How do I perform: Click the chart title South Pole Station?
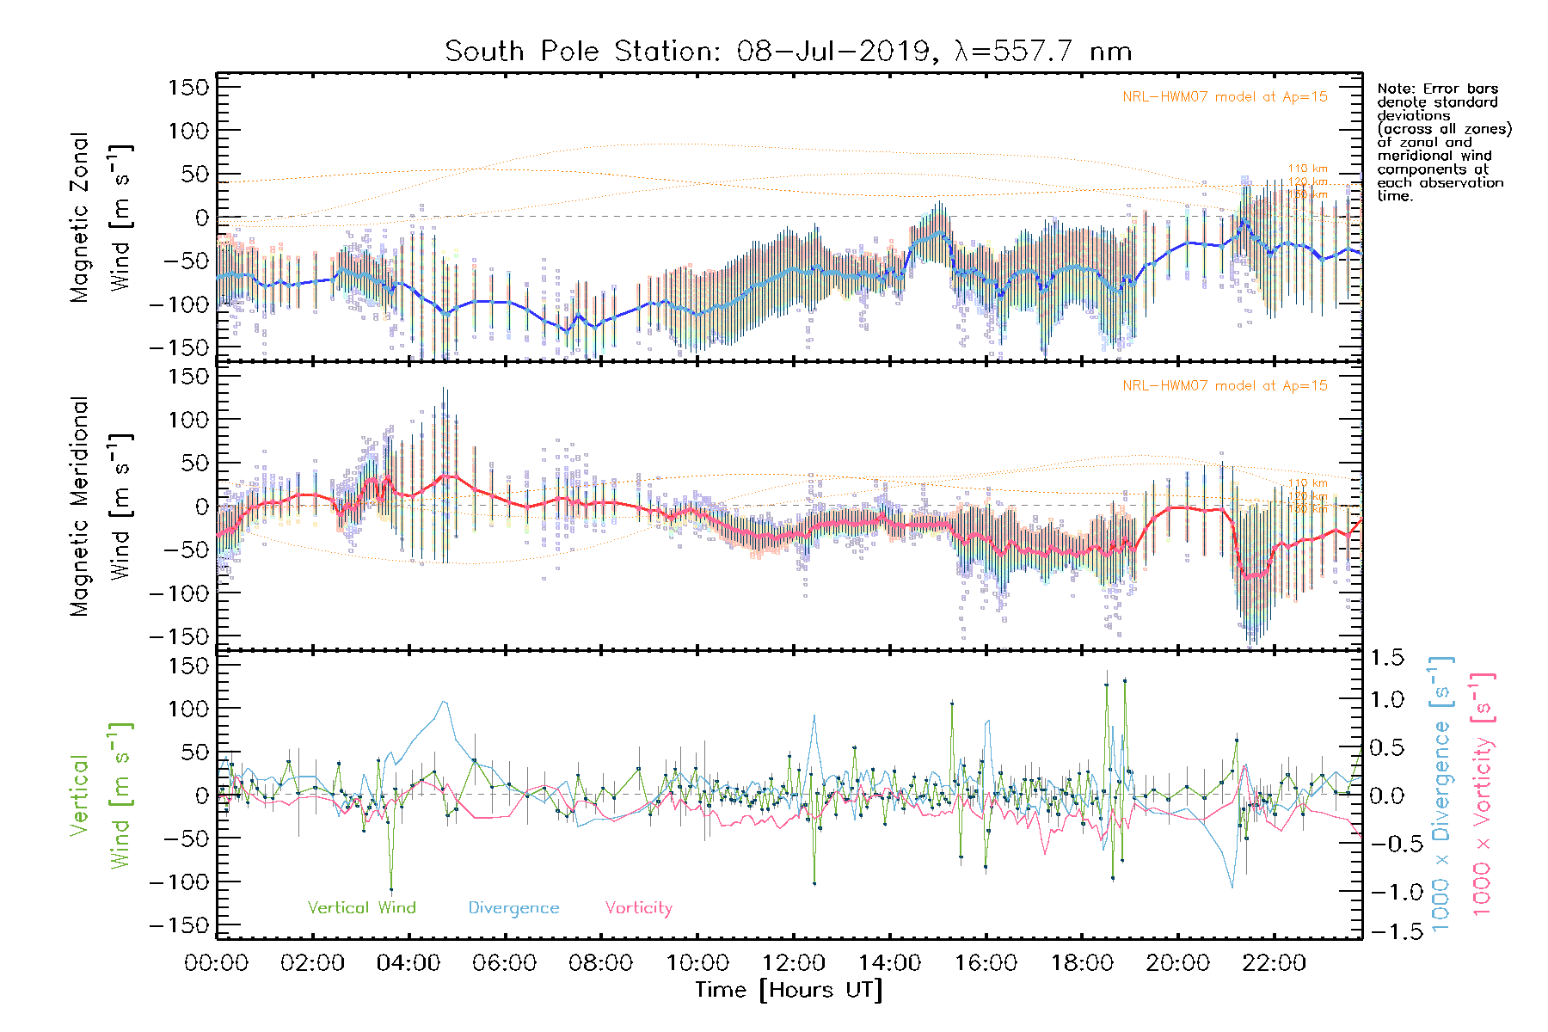787,52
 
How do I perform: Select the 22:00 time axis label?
1274,963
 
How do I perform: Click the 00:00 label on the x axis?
217,963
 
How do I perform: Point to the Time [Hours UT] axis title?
789,990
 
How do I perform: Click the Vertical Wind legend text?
361,907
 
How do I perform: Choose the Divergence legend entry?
513,907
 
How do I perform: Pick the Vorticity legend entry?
638,907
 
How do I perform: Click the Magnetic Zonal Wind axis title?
101,218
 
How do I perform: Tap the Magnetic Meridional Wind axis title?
101,507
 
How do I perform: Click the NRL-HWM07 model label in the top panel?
1225,96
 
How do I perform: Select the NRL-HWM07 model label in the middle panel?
1225,385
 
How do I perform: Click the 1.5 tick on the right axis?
1387,658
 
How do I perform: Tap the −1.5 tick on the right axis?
1387,931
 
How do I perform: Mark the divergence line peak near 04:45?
444,702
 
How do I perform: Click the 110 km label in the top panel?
1307,169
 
